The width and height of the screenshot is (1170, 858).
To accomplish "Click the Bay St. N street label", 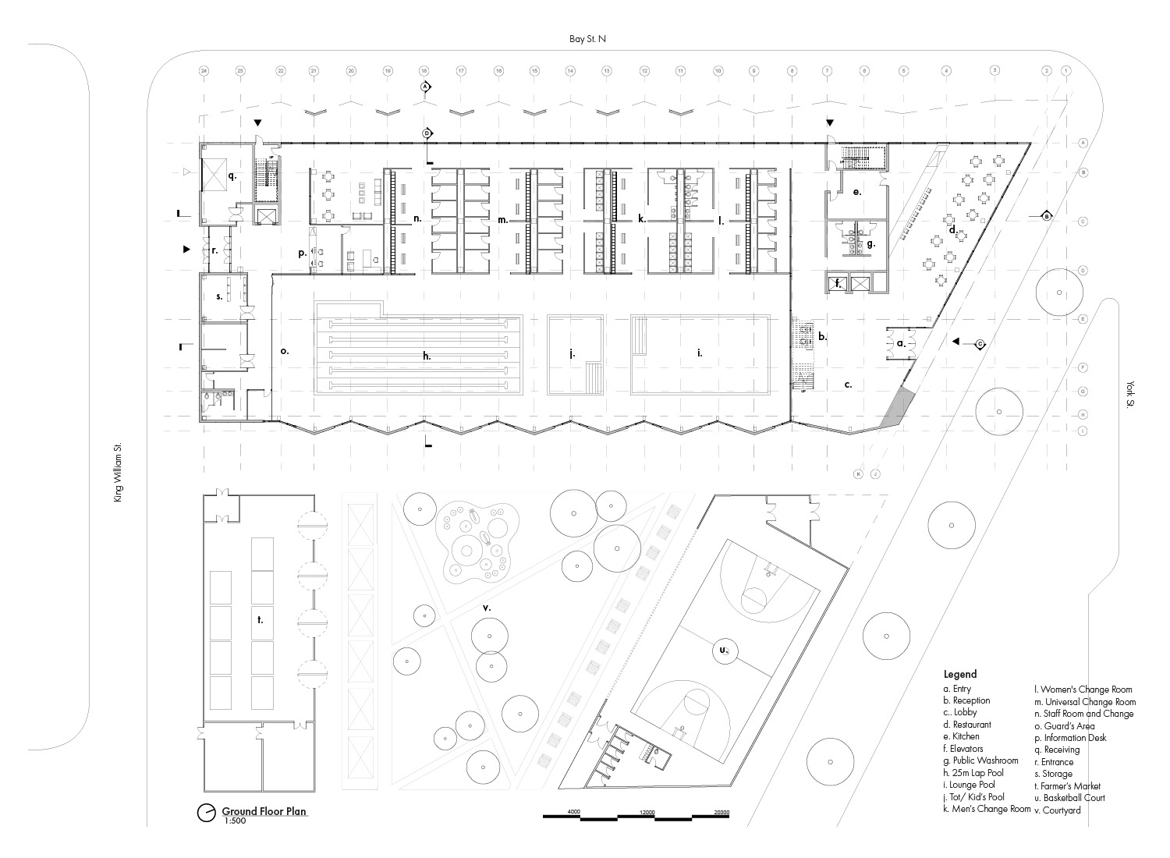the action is (x=587, y=37).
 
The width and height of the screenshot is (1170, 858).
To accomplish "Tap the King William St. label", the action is (x=119, y=471).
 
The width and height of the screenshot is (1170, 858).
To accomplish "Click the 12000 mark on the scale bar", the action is (x=647, y=812).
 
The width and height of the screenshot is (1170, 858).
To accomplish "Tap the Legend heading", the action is (x=959, y=674).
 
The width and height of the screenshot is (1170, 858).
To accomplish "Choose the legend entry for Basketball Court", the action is (x=1069, y=798).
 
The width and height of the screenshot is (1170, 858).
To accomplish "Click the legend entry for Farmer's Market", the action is (x=1068, y=786).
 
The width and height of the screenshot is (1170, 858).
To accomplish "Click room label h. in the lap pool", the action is (x=427, y=356).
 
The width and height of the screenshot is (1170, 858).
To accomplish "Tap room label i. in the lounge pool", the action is (x=700, y=353).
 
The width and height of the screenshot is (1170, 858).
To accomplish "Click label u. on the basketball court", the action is (x=723, y=649).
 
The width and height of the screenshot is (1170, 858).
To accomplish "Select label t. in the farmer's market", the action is (x=260, y=620).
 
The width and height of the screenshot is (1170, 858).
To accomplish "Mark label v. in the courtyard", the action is (x=486, y=607).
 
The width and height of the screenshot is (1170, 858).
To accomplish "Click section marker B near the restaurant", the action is (x=1047, y=215).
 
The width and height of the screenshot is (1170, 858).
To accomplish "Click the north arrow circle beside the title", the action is (x=207, y=812).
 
